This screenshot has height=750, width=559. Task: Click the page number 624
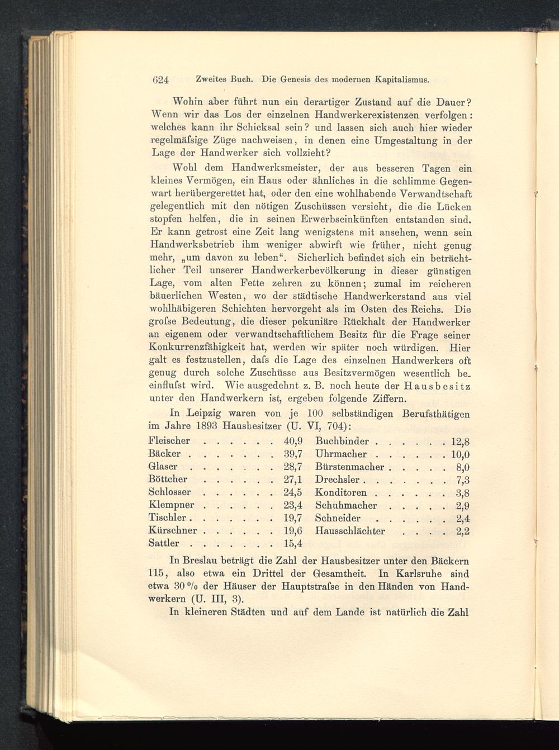click(160, 80)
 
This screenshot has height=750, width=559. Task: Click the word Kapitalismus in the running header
click(402, 79)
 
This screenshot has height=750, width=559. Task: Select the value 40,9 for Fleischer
click(293, 441)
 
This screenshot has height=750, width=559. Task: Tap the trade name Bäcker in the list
click(165, 454)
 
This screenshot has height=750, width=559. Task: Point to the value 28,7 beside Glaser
click(293, 467)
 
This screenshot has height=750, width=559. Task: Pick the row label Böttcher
click(168, 480)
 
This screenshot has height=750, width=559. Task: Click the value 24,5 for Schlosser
click(293, 492)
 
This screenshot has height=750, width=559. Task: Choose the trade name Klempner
click(172, 505)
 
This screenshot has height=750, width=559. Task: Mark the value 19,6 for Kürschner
click(293, 531)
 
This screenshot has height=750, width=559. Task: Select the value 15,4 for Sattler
click(293, 544)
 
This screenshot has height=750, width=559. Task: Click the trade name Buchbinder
click(342, 441)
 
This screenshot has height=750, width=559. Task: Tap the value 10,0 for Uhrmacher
click(460, 454)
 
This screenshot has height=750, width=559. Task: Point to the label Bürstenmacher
click(350, 467)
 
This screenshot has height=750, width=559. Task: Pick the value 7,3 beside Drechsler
click(463, 480)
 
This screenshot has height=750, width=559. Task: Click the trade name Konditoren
click(341, 492)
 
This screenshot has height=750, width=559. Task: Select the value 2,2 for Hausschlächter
click(463, 531)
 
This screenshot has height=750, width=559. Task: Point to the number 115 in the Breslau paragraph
click(159, 573)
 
